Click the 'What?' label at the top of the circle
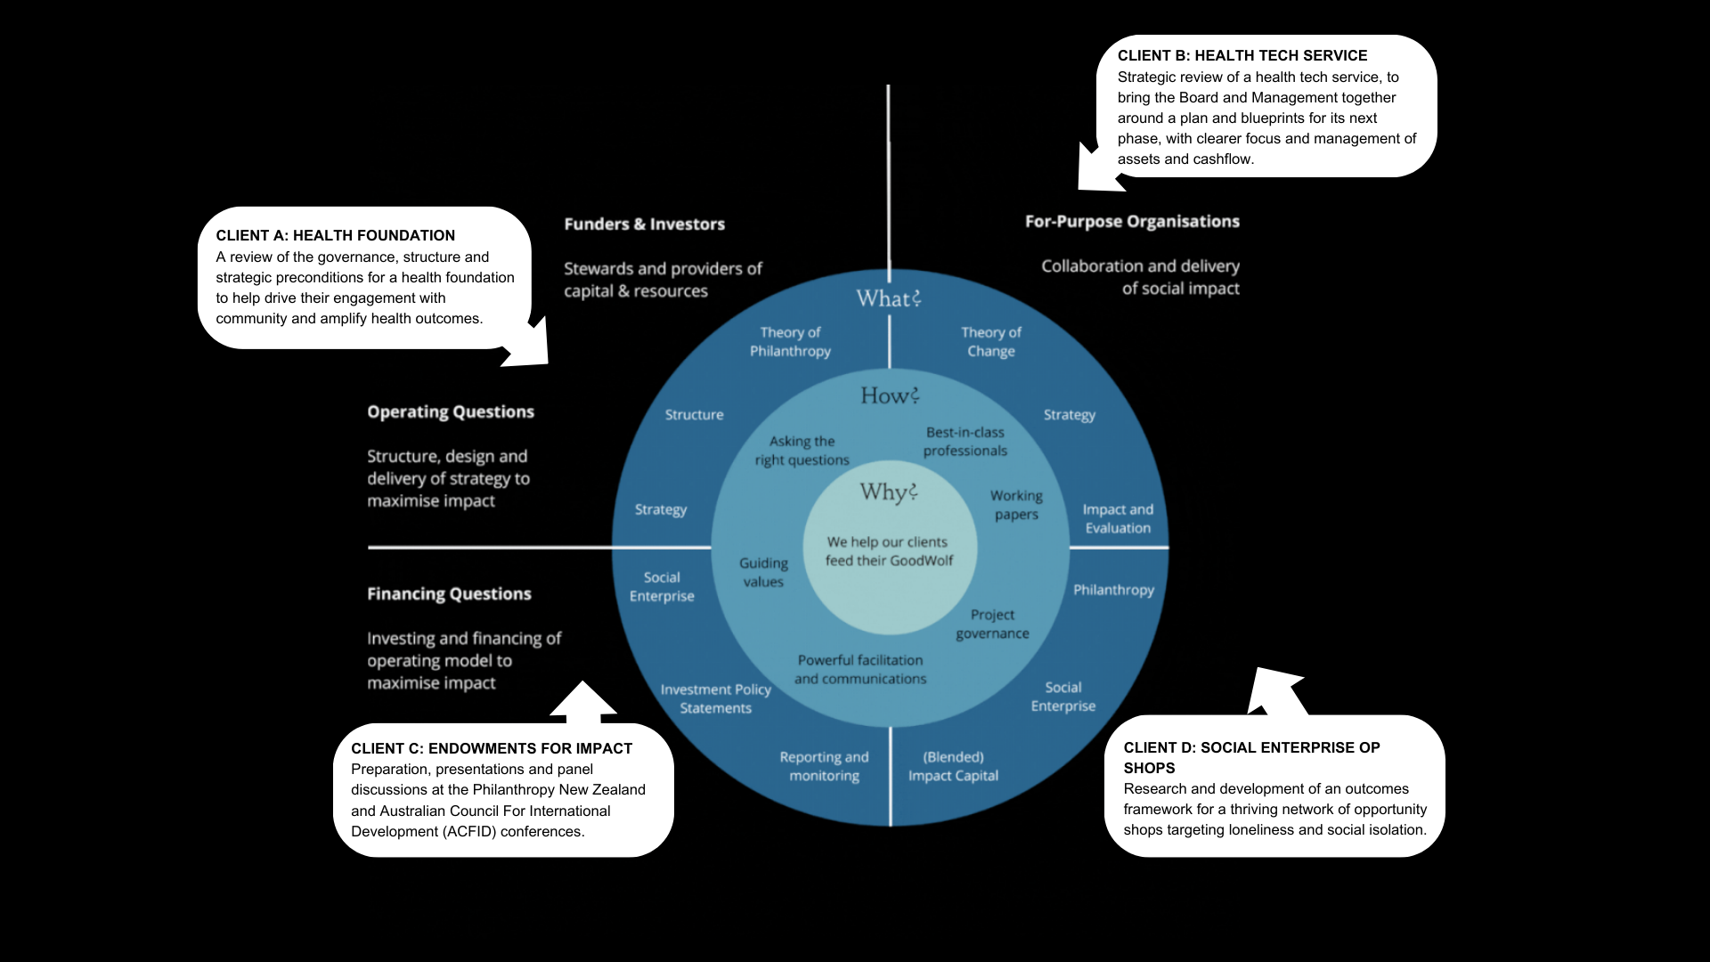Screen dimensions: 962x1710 (888, 298)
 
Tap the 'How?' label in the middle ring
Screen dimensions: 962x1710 (889, 395)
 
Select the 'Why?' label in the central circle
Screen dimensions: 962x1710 (888, 492)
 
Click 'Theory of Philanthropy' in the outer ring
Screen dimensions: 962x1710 (790, 341)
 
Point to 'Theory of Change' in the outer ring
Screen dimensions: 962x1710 (990, 341)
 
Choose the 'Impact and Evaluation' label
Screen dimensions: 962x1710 (1118, 518)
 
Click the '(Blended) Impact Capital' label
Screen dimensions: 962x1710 (953, 766)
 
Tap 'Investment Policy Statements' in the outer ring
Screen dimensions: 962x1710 (715, 698)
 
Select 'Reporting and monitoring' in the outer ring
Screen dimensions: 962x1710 (824, 766)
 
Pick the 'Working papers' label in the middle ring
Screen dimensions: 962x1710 (1016, 504)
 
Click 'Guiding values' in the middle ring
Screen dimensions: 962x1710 (763, 572)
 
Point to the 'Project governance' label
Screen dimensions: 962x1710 (992, 624)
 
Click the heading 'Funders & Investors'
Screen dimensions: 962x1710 (644, 224)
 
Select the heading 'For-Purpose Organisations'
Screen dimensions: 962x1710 (1132, 222)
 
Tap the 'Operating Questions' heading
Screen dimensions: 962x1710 (451, 412)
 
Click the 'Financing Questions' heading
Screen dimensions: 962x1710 (449, 594)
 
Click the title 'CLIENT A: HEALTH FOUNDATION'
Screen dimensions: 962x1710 (335, 235)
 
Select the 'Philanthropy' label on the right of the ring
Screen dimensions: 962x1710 (1113, 590)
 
